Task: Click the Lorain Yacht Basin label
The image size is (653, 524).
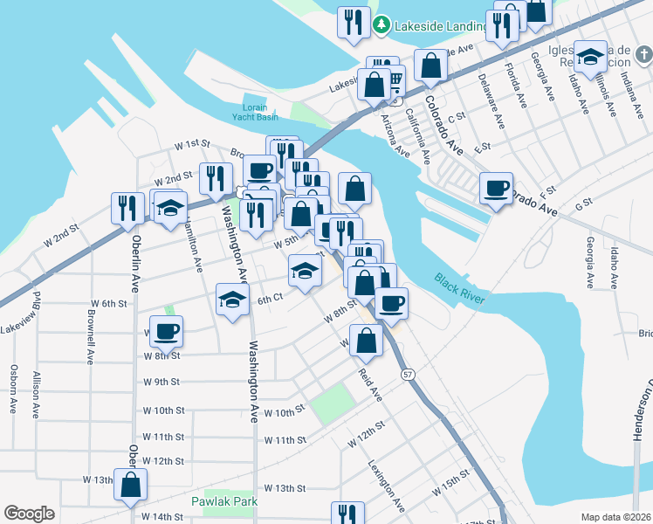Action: coord(255,110)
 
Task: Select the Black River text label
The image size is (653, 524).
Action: coord(461,288)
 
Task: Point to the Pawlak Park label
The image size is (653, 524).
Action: coord(223,502)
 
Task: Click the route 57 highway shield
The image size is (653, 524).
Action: coord(408,375)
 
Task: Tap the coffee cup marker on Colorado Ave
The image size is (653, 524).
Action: coord(497,190)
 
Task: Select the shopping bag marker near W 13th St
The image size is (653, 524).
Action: coord(131,486)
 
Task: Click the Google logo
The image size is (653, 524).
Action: coord(30,514)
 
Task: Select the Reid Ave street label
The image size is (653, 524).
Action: coord(370,384)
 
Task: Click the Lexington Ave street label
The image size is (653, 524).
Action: coord(386,486)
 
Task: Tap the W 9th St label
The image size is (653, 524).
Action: coord(162,382)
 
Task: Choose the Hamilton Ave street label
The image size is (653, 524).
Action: coord(194,244)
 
